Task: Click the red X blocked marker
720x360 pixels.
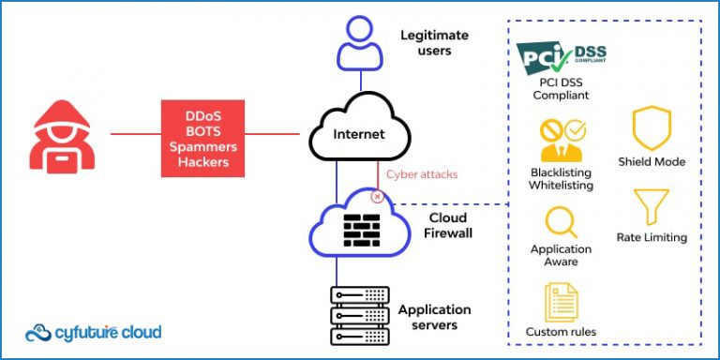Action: pos(378,197)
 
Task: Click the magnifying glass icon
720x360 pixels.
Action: pos(561,222)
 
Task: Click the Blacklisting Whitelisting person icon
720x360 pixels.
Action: pos(561,140)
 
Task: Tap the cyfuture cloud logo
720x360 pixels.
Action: pos(93,333)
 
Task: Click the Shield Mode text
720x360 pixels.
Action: pos(652,162)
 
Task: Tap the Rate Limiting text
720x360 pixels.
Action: pos(652,238)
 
